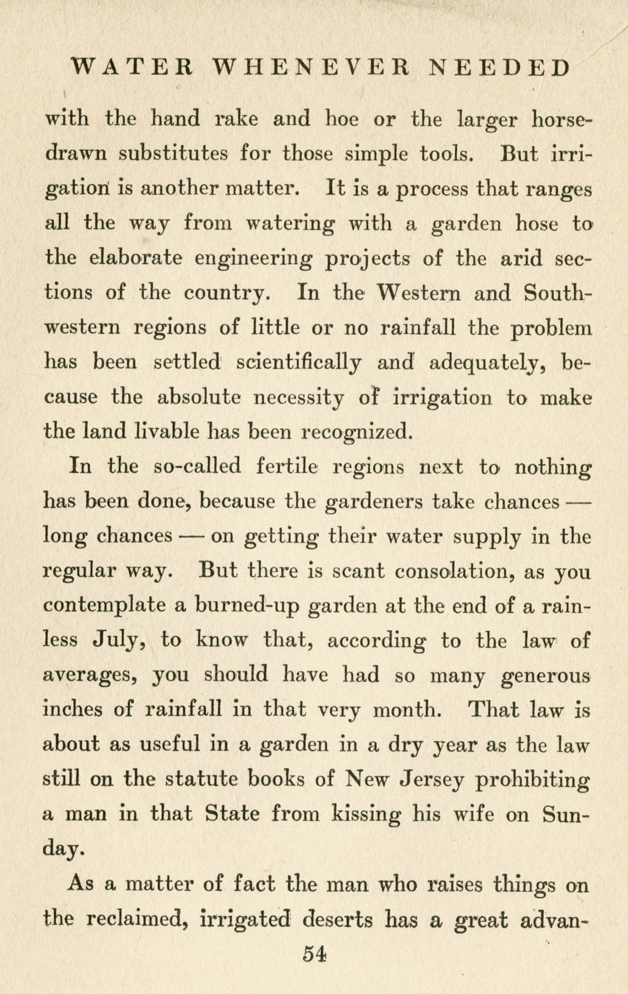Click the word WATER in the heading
pos(132,68)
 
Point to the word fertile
pos(287,467)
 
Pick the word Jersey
pos(430,780)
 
